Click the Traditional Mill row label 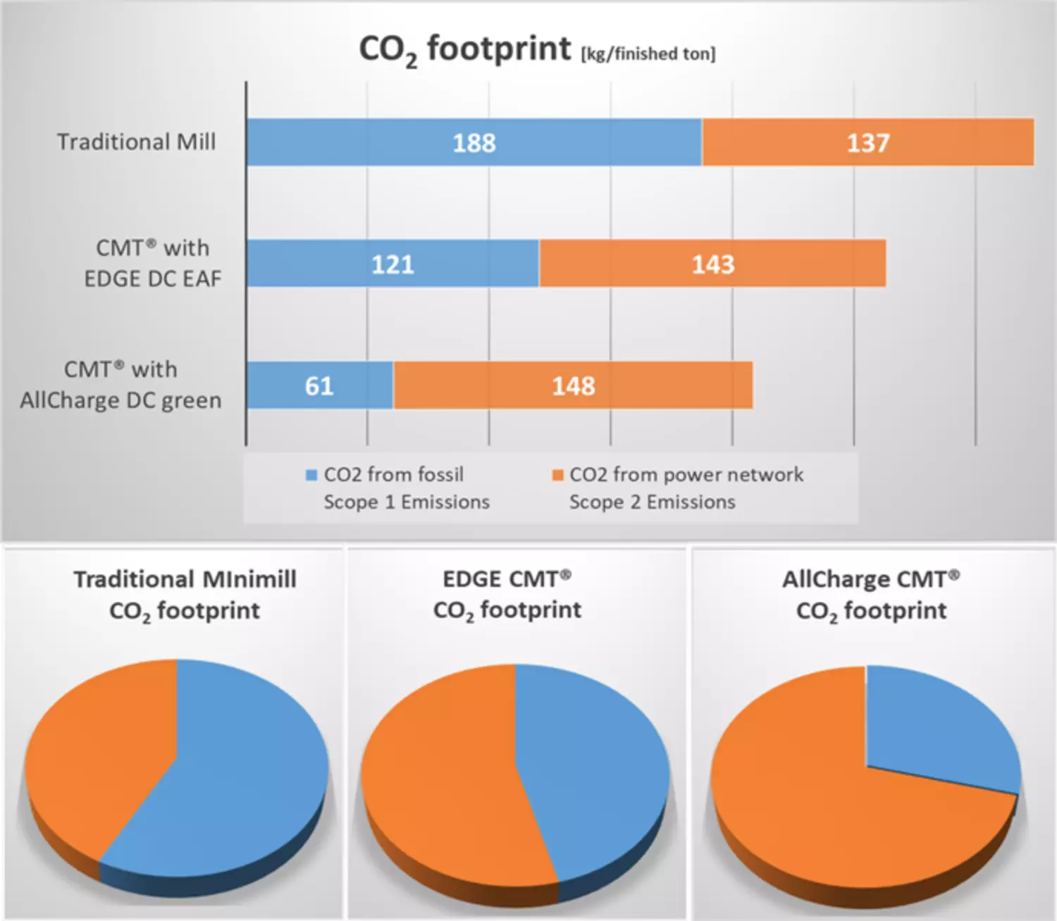tap(136, 142)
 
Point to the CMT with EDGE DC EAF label tap(152, 264)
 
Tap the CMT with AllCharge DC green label tap(120, 385)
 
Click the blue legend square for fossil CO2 tap(311, 475)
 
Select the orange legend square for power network tap(557, 475)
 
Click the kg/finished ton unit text tap(648, 54)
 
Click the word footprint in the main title tap(499, 49)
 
